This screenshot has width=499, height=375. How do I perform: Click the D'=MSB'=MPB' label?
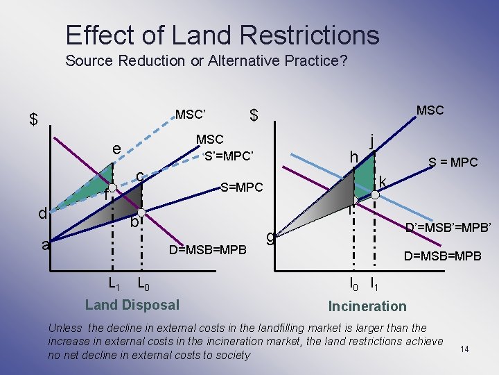448,227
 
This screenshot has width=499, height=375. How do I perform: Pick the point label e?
117,149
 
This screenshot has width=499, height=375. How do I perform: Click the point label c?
139,177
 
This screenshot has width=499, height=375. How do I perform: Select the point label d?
42,213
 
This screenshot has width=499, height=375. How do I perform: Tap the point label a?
45,244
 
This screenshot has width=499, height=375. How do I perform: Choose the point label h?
353,158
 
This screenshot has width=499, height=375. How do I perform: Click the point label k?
382,181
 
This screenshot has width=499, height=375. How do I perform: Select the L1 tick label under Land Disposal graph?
114,283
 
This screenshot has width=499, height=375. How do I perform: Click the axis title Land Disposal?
132,305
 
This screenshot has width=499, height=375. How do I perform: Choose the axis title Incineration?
367,306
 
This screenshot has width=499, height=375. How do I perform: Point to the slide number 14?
464,349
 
